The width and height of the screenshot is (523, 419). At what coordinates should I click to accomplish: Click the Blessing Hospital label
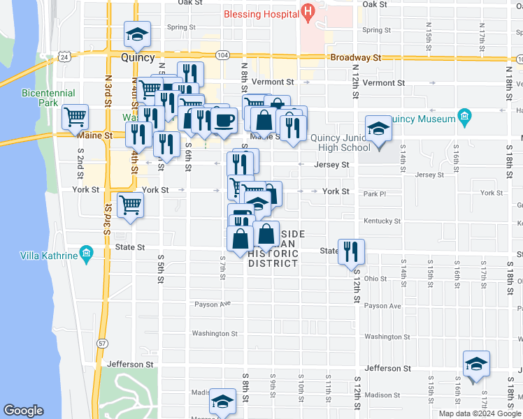click(259, 14)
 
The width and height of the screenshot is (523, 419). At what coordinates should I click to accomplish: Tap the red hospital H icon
click(306, 13)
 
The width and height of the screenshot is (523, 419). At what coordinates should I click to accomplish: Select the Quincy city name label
click(137, 58)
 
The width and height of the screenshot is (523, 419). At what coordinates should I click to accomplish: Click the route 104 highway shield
click(222, 54)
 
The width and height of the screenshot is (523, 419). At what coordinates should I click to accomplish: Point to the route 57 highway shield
click(103, 343)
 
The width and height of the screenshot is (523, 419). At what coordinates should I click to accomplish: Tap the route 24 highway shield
click(64, 56)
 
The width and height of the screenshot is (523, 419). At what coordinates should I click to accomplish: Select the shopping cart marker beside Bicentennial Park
click(75, 117)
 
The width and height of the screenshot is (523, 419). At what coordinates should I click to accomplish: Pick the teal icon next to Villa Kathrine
click(86, 252)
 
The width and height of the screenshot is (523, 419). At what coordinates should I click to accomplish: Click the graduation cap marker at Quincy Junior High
click(378, 131)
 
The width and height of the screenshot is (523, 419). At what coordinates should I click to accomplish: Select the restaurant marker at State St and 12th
click(351, 251)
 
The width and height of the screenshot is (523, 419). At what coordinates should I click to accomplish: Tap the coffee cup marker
click(224, 119)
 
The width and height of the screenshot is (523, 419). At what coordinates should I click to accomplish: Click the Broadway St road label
click(356, 58)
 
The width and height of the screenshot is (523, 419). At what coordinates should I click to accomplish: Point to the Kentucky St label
click(382, 221)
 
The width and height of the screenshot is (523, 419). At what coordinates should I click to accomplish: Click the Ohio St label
click(375, 279)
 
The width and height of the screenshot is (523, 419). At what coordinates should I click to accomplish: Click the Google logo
click(24, 411)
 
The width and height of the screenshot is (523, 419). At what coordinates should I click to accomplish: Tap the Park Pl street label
click(375, 194)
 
